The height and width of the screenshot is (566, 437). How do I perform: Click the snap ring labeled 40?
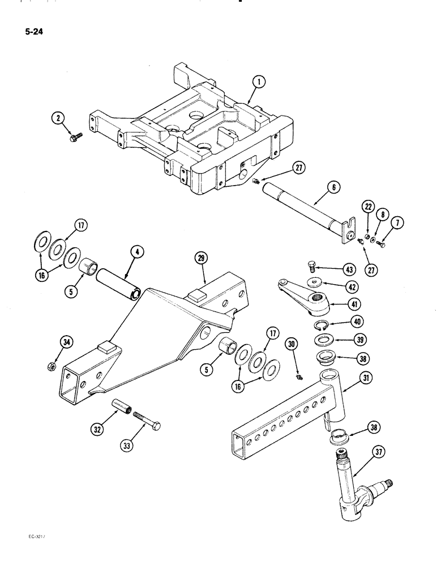click(x=320, y=325)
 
